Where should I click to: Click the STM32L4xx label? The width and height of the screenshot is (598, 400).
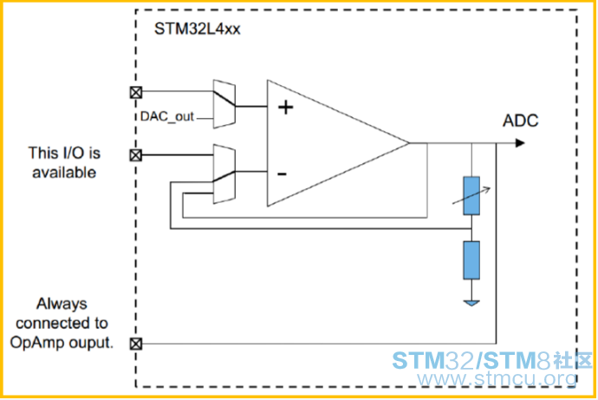coord(198,29)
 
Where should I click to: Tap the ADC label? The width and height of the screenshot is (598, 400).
coord(521,121)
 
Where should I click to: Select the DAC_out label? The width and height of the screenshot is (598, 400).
coord(167,116)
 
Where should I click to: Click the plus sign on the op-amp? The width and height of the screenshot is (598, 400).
coord(286,108)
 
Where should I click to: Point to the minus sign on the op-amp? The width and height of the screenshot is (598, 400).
coord(282,174)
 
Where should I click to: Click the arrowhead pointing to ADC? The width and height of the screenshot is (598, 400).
coord(520,143)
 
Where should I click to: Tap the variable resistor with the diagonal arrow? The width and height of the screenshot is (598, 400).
coord(471,195)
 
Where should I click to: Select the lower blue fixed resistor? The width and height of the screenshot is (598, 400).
coord(471,260)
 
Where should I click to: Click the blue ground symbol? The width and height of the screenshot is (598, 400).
coord(471,304)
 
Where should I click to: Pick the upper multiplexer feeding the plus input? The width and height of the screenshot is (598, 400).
coord(224,104)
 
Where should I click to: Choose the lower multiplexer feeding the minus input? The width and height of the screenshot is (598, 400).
coord(224,174)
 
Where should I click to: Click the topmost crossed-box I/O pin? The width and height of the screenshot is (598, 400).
coord(136,92)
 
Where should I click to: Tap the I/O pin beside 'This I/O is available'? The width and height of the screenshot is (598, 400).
coord(136,155)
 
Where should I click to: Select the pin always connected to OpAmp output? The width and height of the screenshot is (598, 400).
coord(136,344)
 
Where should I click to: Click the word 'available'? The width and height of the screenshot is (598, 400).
coord(64,173)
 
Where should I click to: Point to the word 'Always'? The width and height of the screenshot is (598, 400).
coord(62,305)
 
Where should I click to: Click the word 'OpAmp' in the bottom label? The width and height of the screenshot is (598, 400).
coord(34,343)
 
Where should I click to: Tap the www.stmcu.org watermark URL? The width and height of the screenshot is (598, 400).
coord(497,378)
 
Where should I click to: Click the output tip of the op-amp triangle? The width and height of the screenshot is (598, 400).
coord(409,143)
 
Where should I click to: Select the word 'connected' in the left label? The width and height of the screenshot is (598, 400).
coord(48,324)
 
